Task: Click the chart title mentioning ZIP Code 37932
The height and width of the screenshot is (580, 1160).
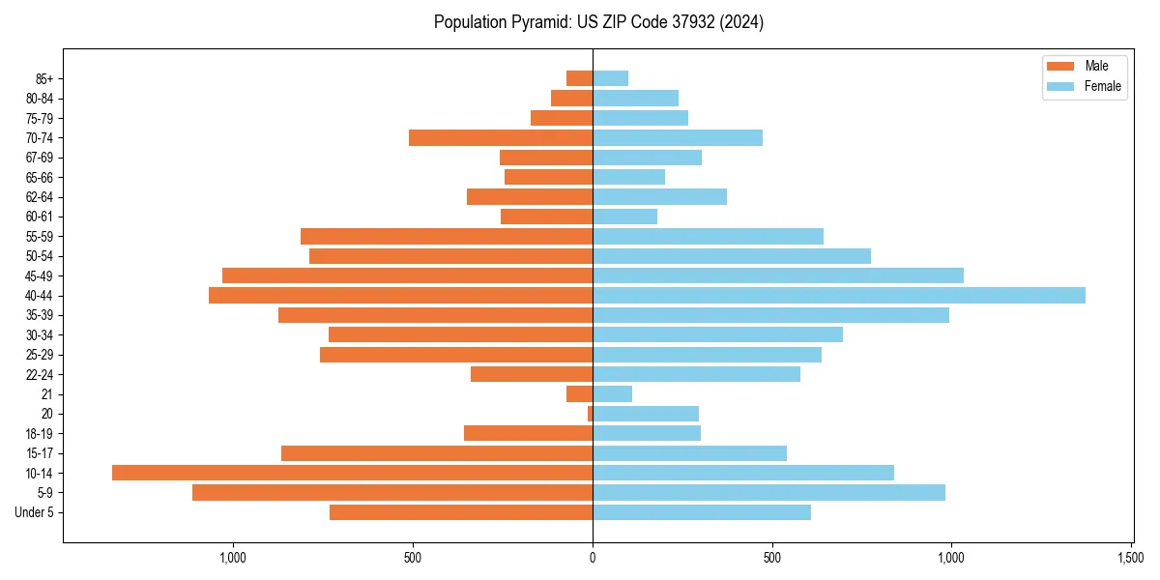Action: (598, 22)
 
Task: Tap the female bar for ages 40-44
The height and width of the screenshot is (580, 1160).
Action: (838, 296)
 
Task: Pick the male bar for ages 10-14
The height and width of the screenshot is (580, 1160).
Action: (352, 473)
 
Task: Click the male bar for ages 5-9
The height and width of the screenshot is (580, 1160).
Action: (391, 493)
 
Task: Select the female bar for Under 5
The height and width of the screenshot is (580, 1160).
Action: (701, 512)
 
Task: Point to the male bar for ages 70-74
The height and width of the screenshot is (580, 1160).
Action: (500, 137)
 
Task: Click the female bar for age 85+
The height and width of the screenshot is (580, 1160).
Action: (610, 78)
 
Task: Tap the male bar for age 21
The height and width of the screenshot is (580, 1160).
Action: (579, 394)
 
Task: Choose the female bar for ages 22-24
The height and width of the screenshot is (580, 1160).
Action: (696, 374)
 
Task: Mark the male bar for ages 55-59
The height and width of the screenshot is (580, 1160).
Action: (446, 237)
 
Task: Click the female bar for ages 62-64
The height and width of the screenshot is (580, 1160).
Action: (659, 197)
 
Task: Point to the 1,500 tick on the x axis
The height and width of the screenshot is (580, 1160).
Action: (1131, 558)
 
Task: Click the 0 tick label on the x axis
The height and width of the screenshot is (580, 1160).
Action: (593, 558)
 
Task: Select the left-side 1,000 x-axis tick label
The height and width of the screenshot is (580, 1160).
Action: (233, 558)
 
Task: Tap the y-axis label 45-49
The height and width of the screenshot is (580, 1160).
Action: (39, 275)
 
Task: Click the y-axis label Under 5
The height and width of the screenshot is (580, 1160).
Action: (34, 512)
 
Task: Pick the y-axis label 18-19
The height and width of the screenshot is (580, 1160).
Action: (39, 434)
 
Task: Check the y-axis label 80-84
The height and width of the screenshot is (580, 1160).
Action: (39, 98)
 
